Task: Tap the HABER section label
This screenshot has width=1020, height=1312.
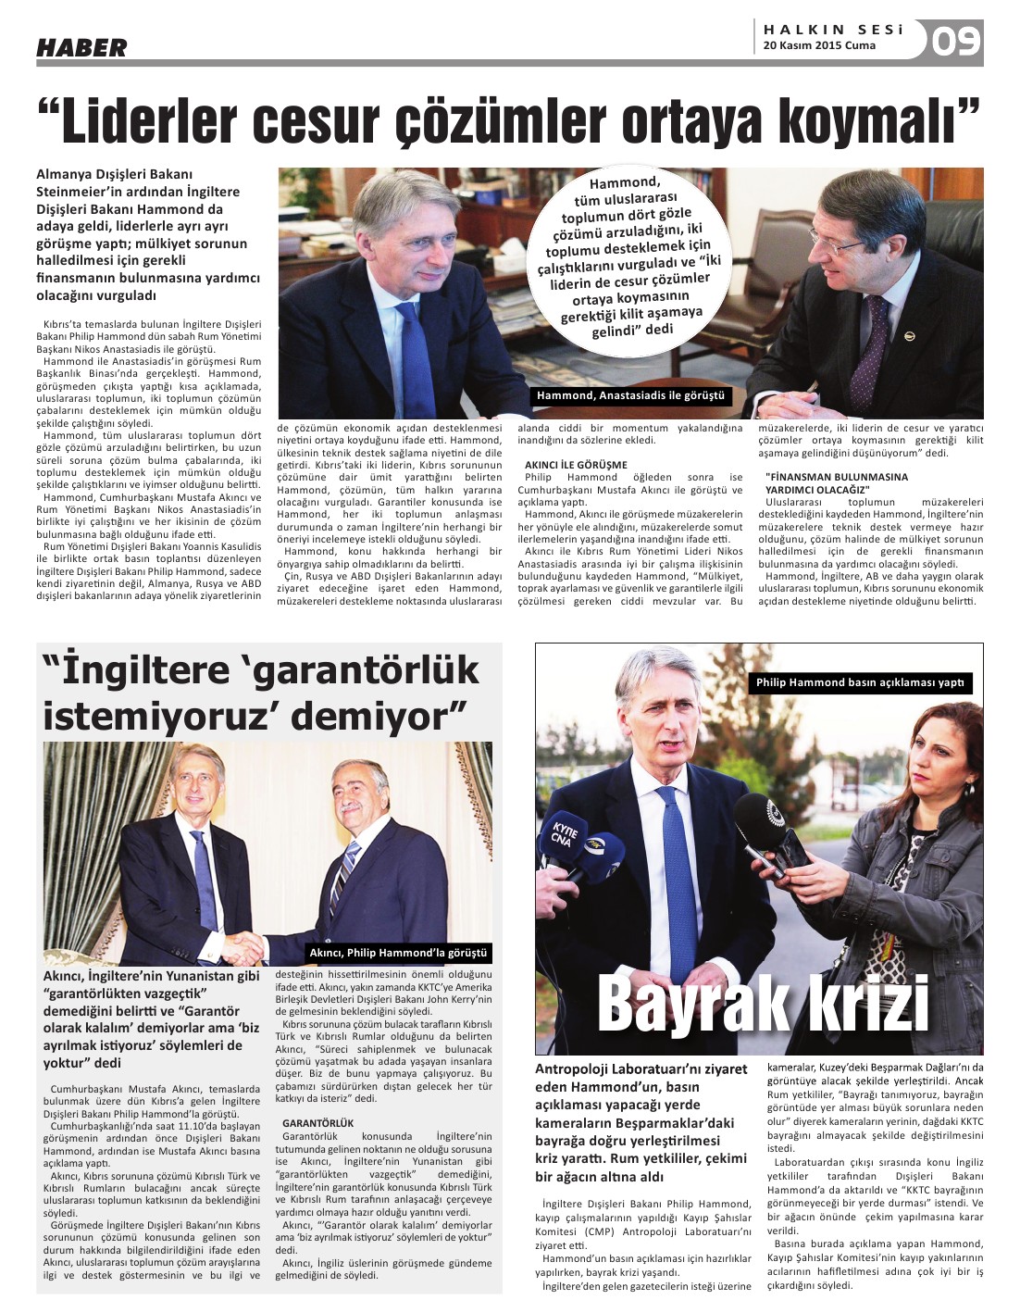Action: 81,47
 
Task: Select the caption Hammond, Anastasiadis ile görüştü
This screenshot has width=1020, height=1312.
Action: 630,396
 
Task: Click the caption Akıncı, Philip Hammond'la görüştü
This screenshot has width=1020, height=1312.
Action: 398,953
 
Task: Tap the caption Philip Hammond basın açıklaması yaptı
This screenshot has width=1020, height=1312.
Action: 860,682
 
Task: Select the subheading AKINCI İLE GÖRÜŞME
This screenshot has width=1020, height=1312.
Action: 576,465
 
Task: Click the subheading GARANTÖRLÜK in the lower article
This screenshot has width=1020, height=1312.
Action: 317,1123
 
